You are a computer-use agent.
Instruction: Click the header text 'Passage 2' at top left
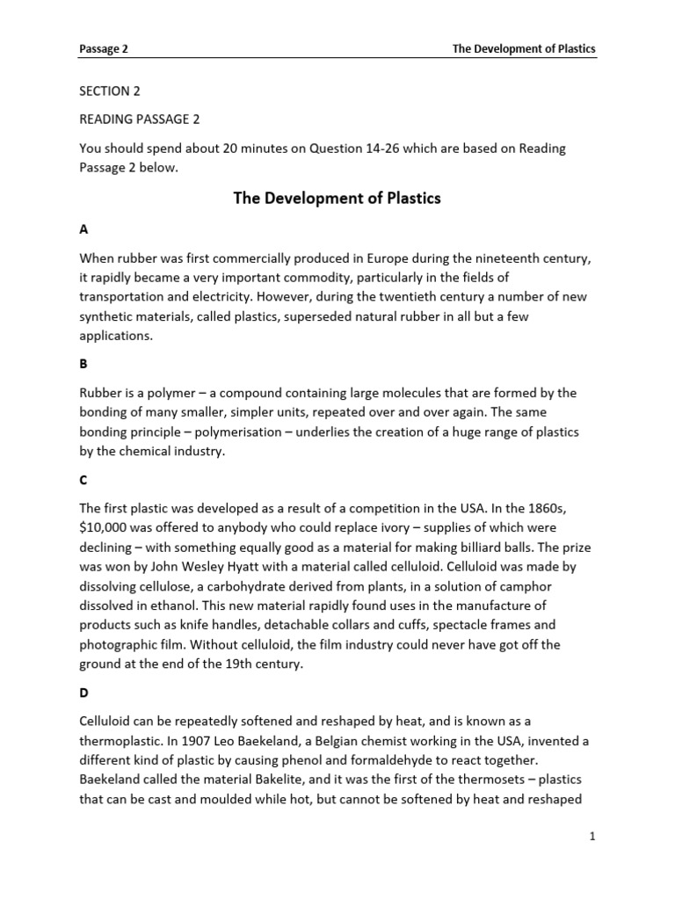click(x=104, y=49)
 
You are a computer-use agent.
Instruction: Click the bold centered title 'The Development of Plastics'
click(x=337, y=199)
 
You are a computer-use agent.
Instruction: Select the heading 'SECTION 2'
click(x=110, y=91)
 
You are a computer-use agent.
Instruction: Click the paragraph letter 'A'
click(x=84, y=229)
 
